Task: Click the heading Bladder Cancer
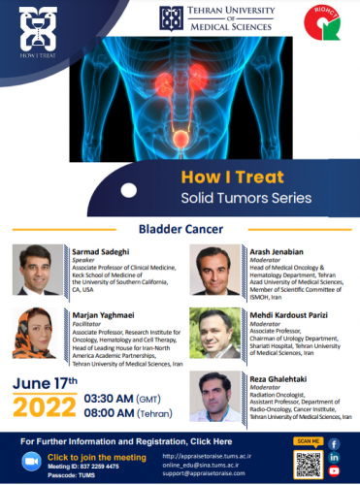coord(180,230)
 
